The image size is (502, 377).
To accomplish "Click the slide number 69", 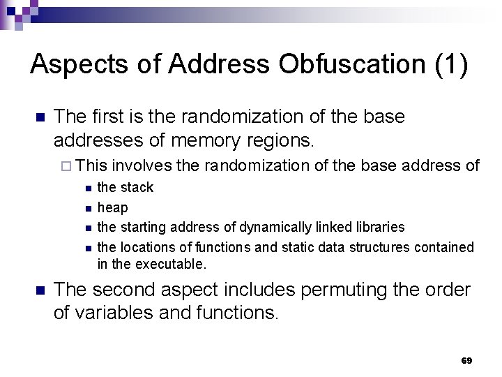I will click(466, 361).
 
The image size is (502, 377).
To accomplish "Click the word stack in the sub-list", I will click(137, 188).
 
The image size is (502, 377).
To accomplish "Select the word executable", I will click(172, 265).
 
